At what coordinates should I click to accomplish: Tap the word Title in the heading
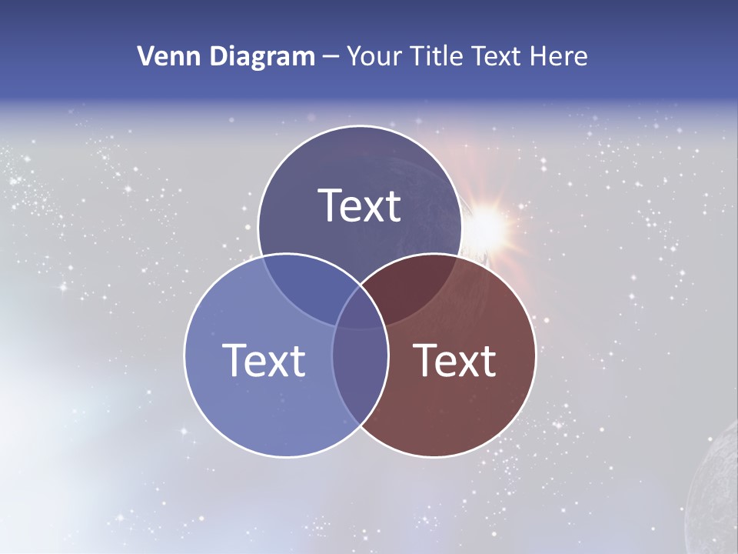tap(437, 56)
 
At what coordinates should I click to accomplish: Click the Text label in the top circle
tap(360, 205)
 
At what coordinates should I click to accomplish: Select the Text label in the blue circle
tap(264, 360)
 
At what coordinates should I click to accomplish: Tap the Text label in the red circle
tap(455, 360)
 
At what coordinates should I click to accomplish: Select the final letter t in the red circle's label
tap(488, 360)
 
